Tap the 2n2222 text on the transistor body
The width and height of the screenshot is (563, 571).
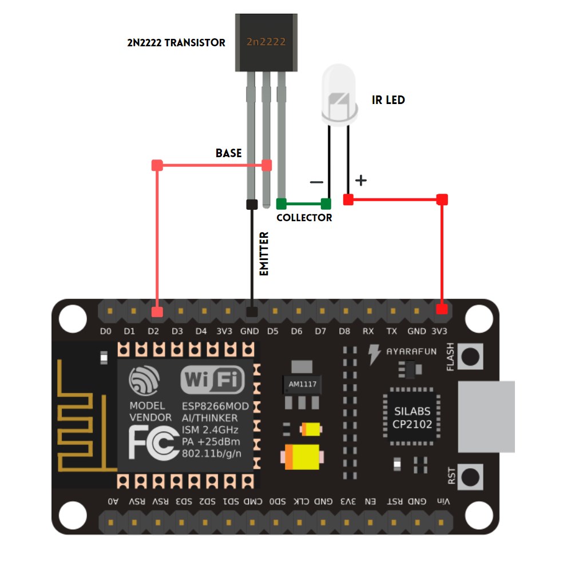pyautogui.click(x=266, y=42)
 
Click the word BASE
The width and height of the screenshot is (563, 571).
pyautogui.click(x=228, y=153)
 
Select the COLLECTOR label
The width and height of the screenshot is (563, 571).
pyautogui.click(x=304, y=218)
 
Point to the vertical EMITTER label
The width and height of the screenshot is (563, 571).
pyautogui.click(x=264, y=254)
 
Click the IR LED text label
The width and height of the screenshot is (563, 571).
pyautogui.click(x=388, y=100)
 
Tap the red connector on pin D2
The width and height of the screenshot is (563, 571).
pyautogui.click(x=157, y=312)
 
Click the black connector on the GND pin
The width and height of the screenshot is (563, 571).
pyautogui.click(x=251, y=312)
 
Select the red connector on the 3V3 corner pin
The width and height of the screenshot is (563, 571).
pyautogui.click(x=441, y=310)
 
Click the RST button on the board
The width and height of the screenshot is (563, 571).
pyautogui.click(x=470, y=476)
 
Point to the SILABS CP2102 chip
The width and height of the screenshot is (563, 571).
pyautogui.click(x=412, y=418)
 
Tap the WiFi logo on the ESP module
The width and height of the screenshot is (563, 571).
pyautogui.click(x=212, y=379)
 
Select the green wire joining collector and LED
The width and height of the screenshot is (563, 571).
pyautogui.click(x=303, y=203)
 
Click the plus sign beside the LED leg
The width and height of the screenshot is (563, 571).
pyautogui.click(x=360, y=181)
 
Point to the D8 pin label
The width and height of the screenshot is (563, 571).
pyautogui.click(x=344, y=331)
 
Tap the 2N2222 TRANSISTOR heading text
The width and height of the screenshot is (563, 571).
pyautogui.click(x=176, y=42)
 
